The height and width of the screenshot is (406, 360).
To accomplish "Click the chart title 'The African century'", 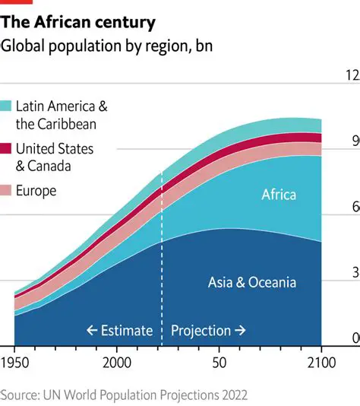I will (78, 22).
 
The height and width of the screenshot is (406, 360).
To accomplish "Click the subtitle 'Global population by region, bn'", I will (106, 46).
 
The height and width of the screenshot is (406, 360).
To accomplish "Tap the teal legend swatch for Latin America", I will (6, 105).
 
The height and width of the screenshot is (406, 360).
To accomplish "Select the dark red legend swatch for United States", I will (6, 147).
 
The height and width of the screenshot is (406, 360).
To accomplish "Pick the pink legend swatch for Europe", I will (6, 190).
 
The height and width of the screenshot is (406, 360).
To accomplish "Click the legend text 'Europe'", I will (36, 191).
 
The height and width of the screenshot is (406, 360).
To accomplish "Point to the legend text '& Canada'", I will (43, 166).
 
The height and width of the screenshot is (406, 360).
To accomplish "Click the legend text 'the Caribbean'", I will (55, 123).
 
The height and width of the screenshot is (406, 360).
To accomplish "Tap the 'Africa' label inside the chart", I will (279, 195).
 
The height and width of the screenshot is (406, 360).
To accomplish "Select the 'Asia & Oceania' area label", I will (251, 283).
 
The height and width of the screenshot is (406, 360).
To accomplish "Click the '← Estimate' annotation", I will (119, 330).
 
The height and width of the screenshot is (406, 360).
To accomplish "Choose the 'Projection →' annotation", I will (208, 330).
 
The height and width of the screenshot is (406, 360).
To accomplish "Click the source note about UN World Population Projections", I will (124, 395).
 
